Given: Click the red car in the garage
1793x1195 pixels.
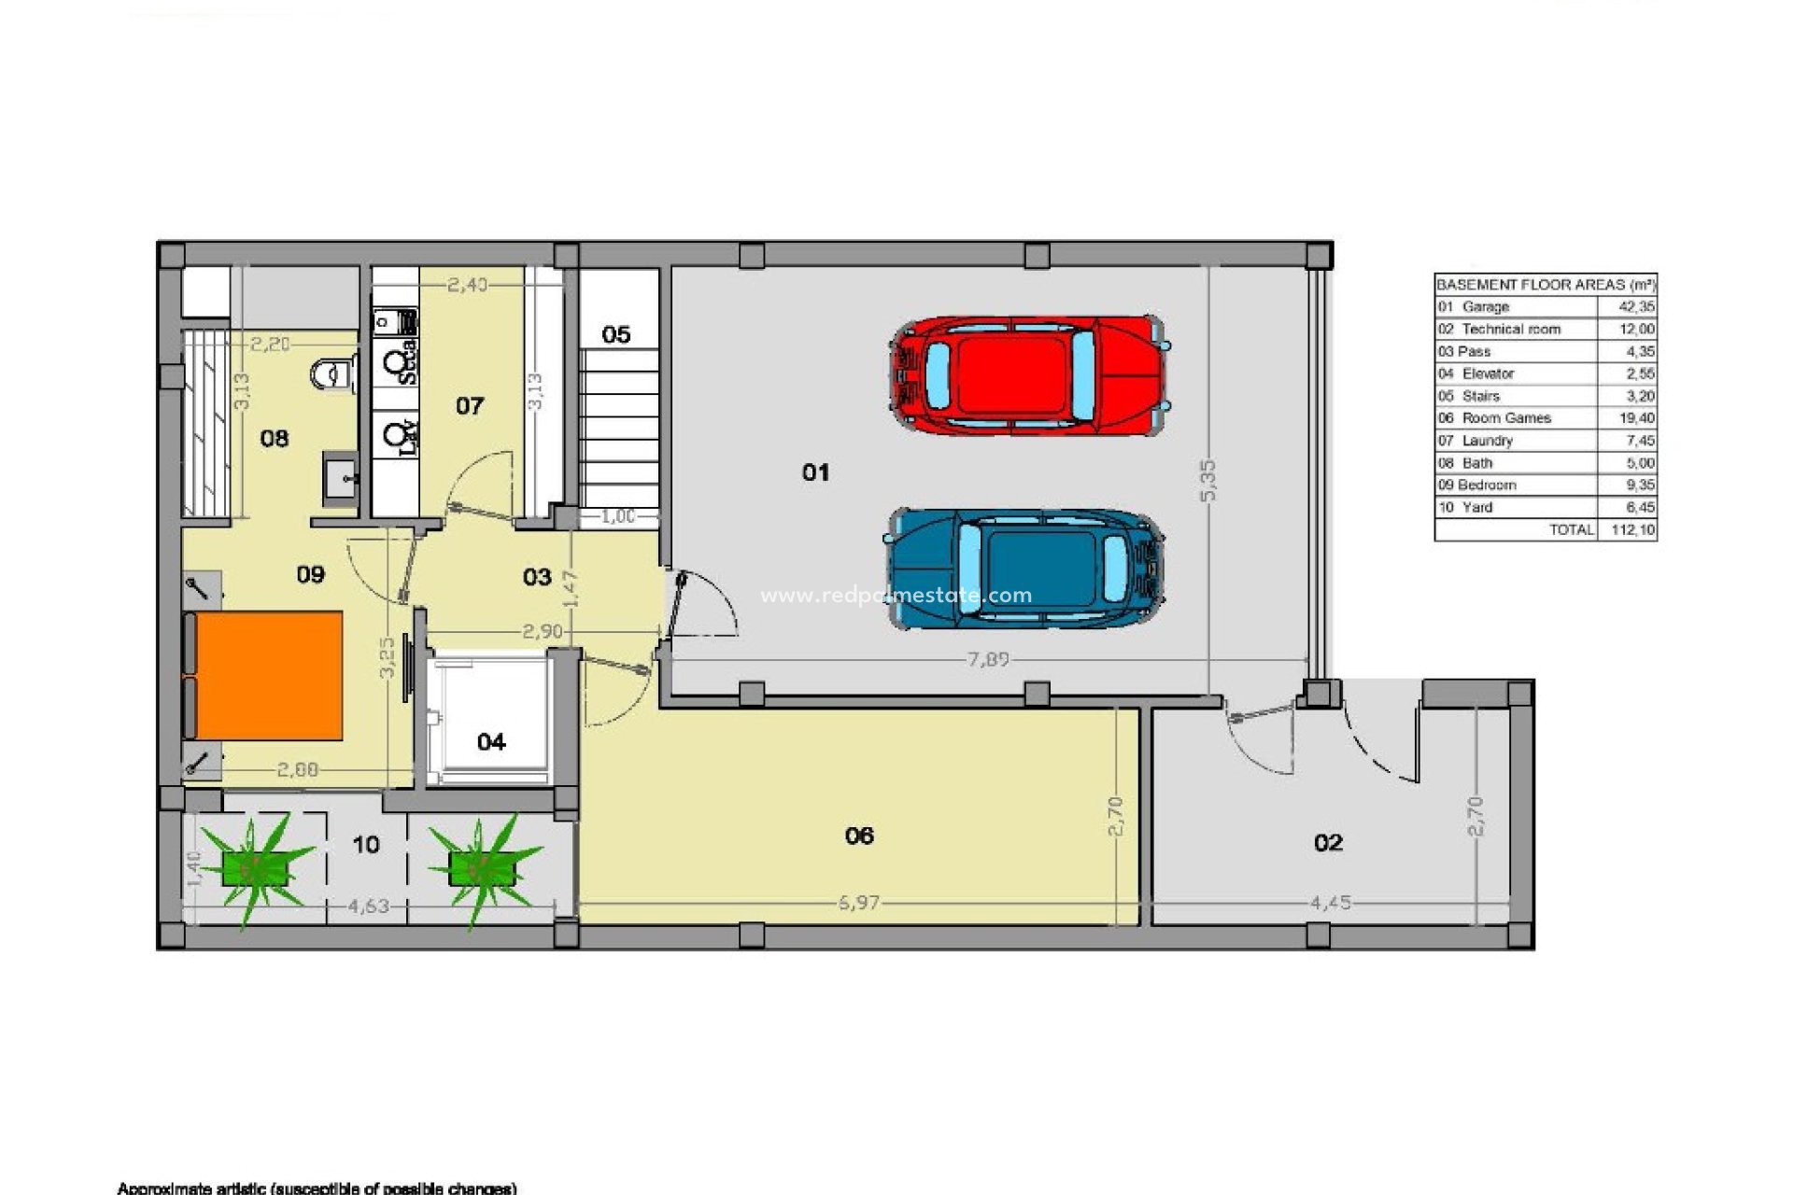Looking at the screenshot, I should [x=1027, y=375].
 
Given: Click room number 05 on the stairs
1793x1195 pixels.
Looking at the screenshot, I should [x=616, y=334].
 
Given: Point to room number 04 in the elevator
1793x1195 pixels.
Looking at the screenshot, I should [x=491, y=742].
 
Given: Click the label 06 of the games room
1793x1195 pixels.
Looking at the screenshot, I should [x=859, y=836].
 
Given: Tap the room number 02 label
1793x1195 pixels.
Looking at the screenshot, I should [x=1328, y=843].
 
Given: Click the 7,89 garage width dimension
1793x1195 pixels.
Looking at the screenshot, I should [x=988, y=660].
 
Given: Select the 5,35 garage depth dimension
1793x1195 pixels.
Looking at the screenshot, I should [x=1208, y=480].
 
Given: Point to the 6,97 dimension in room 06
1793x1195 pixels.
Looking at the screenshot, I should [x=858, y=904].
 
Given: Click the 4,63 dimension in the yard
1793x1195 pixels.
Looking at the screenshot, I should [x=369, y=906].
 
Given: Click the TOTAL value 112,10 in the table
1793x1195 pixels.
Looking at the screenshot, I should [x=1633, y=530].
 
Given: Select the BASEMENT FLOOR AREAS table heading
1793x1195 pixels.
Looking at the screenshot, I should [x=1546, y=285].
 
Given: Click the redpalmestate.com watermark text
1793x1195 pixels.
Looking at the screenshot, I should [x=896, y=596].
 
